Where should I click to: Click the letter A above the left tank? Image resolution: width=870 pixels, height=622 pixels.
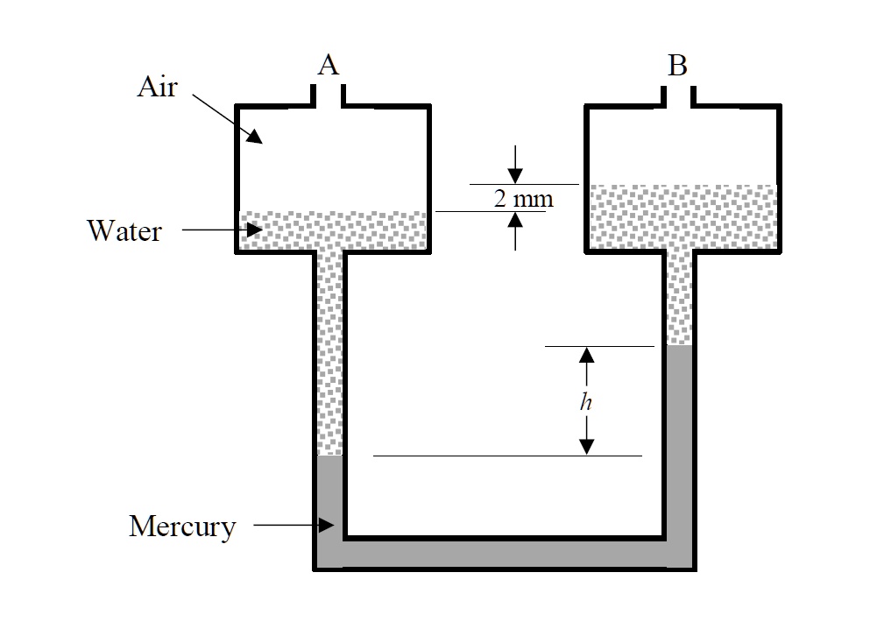click(328, 65)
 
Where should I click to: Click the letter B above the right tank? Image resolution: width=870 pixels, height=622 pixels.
click(677, 66)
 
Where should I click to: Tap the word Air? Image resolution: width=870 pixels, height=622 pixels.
click(158, 88)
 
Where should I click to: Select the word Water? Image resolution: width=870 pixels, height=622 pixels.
click(124, 231)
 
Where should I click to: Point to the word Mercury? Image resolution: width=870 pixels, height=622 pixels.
click(182, 527)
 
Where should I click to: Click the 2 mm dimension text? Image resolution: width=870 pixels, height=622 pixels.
click(523, 198)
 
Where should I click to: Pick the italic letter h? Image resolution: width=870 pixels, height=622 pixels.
click(586, 402)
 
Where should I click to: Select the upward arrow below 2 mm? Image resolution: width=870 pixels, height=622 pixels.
click(515, 221)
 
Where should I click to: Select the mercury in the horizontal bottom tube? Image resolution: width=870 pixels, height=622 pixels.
click(504, 553)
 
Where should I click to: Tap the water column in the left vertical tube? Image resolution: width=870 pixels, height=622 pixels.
click(329, 350)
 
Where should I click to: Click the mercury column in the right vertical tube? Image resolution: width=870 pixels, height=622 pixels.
click(679, 438)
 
